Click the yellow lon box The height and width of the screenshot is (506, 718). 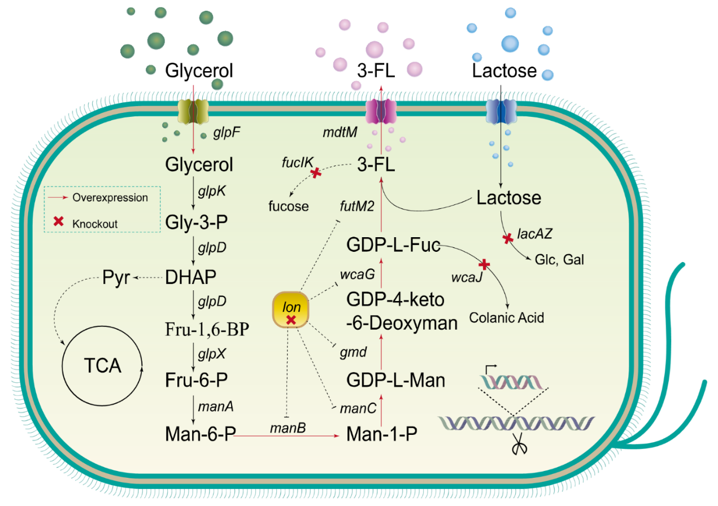tap(291, 309)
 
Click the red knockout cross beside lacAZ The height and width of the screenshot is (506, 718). tap(508, 239)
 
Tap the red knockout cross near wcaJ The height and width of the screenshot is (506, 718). tap(484, 264)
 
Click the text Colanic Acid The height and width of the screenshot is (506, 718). tap(506, 318)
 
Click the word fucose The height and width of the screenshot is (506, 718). tap(288, 206)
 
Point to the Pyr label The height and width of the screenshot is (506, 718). tap(117, 277)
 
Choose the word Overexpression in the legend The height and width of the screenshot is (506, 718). tap(110, 198)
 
